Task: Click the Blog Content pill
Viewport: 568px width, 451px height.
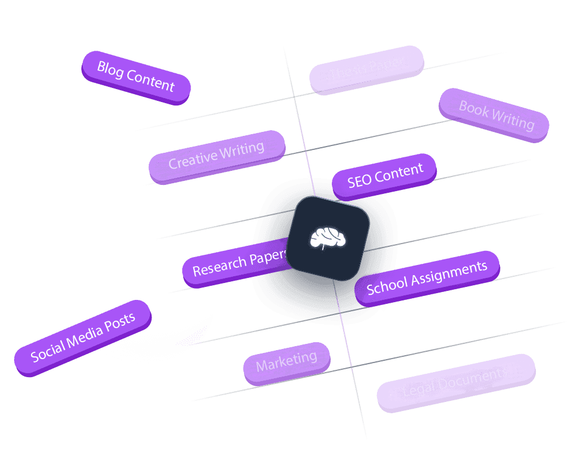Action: (136, 77)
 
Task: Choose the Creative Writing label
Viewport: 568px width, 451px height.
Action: (216, 156)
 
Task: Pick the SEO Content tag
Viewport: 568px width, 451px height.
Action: (385, 176)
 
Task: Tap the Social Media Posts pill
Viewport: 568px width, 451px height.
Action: (83, 338)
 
